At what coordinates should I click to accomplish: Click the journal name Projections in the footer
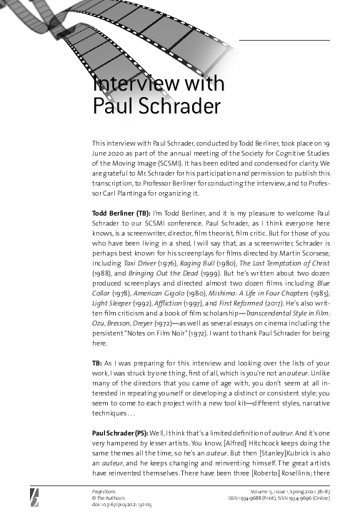point(104,491)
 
